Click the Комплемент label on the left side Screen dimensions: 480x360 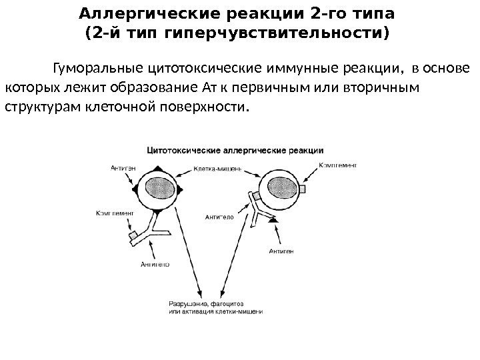(115, 213)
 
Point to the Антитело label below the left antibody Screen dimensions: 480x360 (155, 263)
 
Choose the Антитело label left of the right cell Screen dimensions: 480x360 (219, 216)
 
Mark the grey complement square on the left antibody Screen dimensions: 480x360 (133, 235)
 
